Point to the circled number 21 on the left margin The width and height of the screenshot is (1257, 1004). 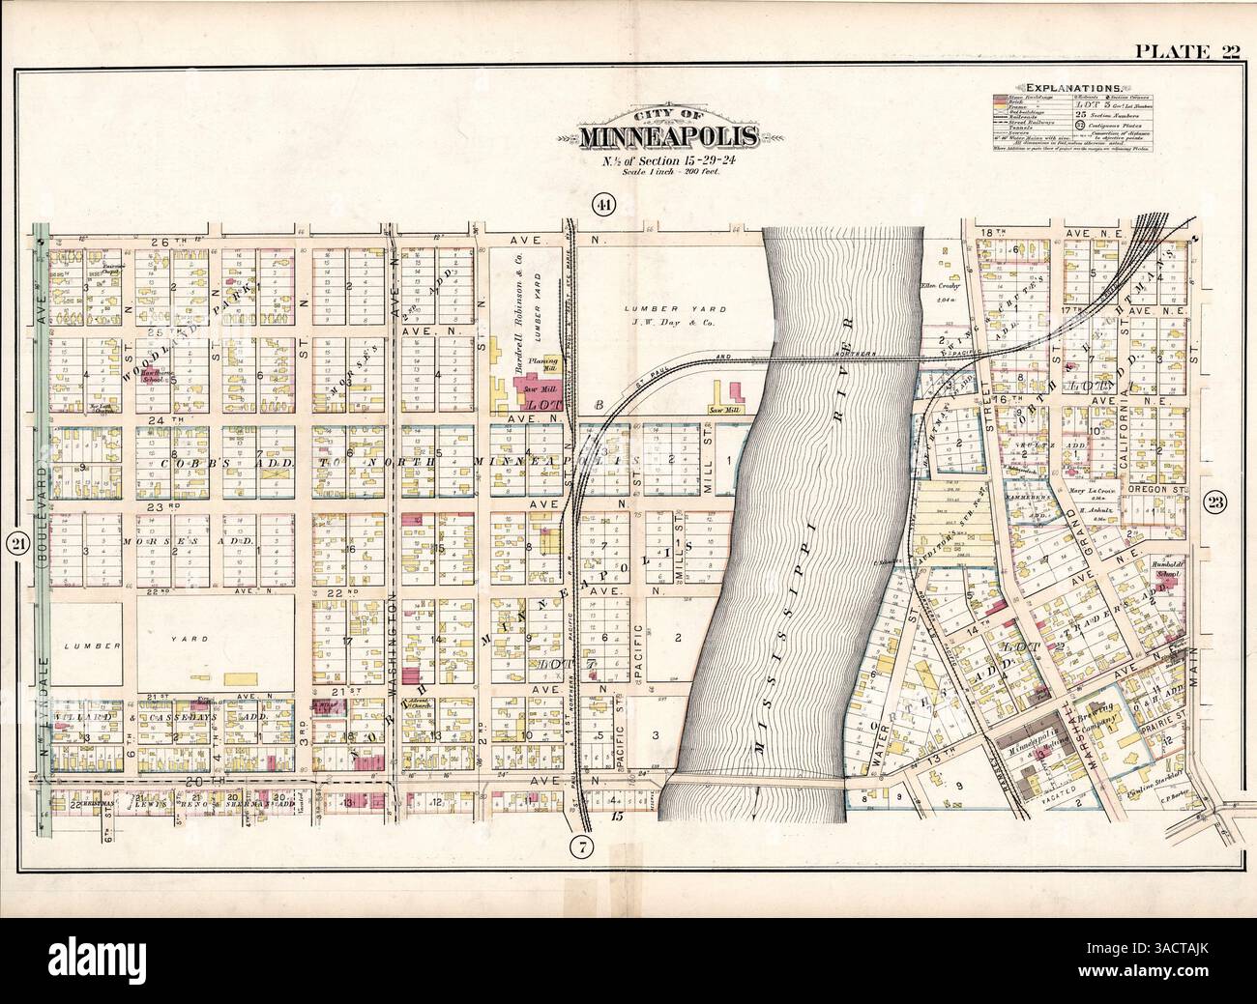tap(15, 544)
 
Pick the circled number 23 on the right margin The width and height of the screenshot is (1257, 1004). tap(1215, 502)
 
